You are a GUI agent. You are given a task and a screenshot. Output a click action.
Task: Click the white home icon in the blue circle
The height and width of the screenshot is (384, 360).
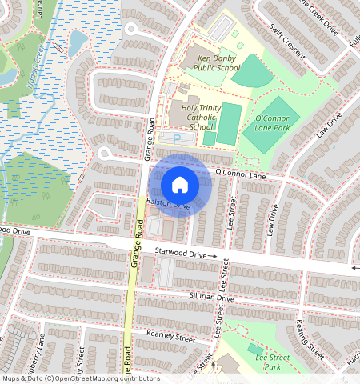(x=180, y=185)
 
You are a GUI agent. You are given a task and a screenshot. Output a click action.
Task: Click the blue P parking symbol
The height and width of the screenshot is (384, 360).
(x=177, y=139)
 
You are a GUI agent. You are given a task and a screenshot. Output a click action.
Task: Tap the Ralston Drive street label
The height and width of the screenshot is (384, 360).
(x=168, y=206)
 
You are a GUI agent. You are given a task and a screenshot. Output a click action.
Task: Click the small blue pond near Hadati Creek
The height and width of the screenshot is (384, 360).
(x=78, y=42)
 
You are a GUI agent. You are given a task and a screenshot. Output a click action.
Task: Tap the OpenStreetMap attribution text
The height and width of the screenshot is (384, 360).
(x=81, y=378)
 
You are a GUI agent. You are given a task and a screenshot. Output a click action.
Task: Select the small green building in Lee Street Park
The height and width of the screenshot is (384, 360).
(x=254, y=349)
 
